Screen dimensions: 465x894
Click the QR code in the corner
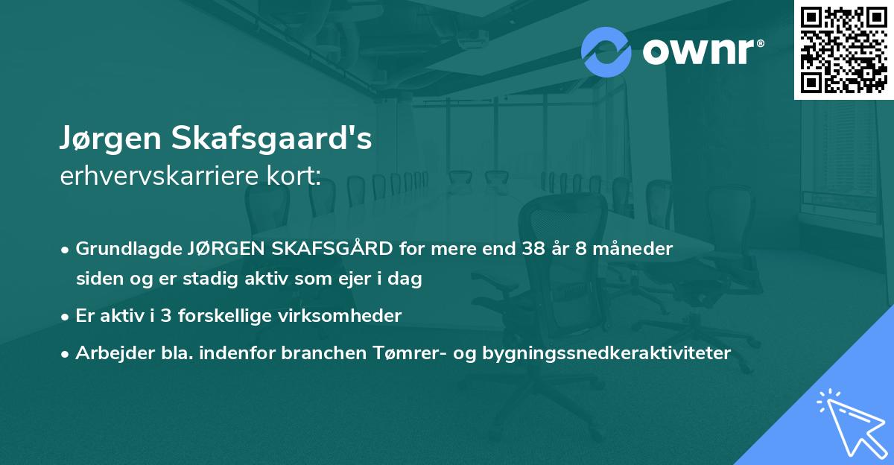point(843,49)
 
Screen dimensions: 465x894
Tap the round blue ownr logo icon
point(606,51)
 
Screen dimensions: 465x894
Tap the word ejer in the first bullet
point(345,279)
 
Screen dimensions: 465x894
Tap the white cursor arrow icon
point(849,421)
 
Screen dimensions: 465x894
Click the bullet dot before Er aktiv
point(66,317)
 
